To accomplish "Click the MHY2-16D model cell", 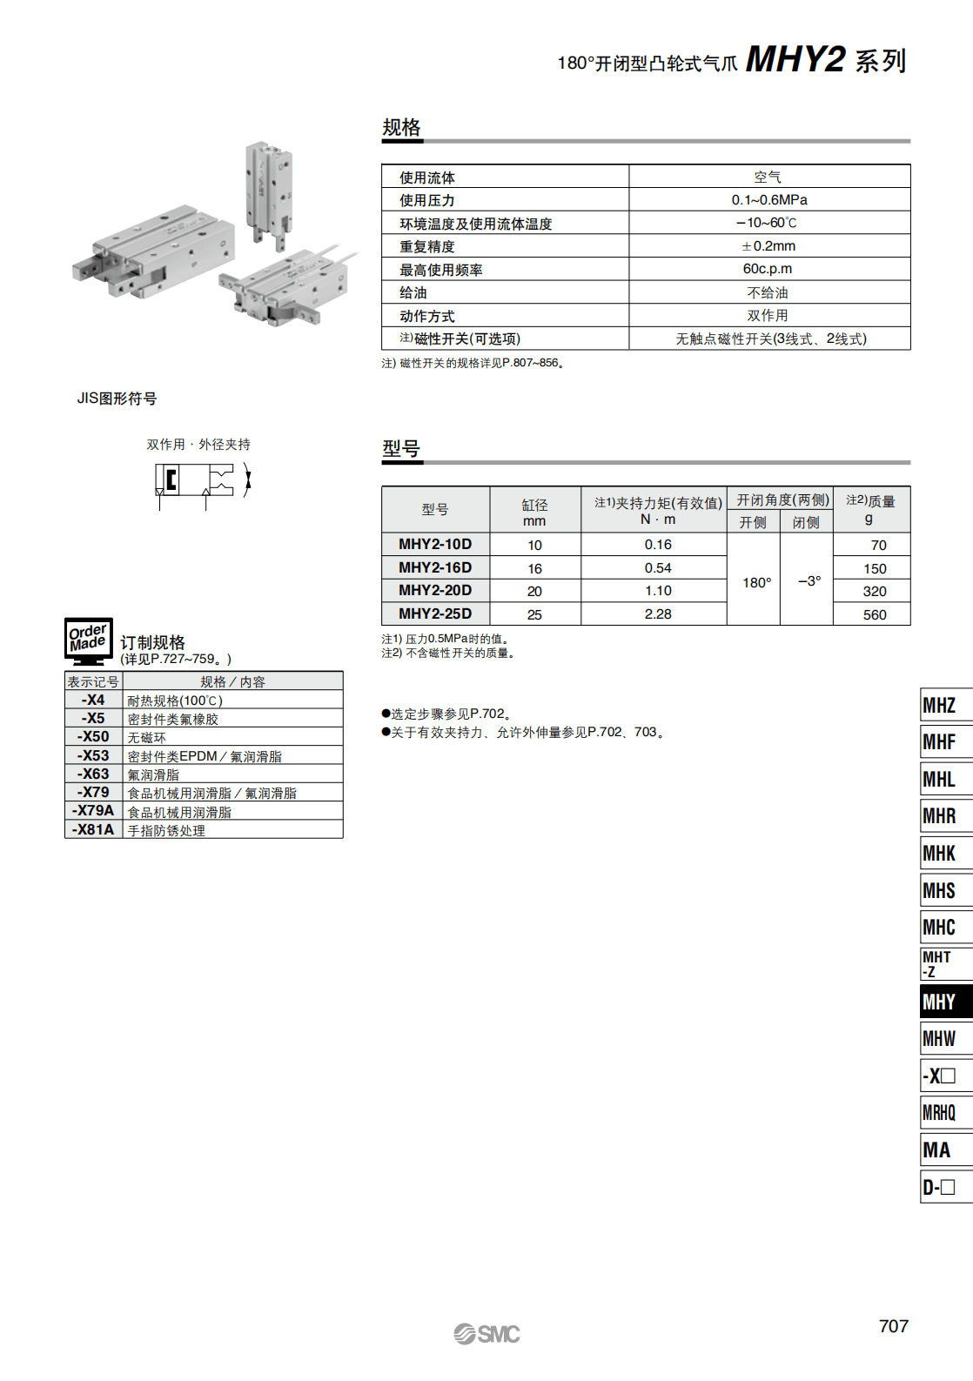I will [x=435, y=567].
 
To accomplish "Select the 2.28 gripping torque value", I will [x=658, y=613].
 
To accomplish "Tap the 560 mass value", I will [x=874, y=614].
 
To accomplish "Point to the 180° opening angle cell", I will [x=756, y=582].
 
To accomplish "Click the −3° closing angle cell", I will [x=809, y=580].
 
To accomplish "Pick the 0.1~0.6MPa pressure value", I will [x=769, y=200].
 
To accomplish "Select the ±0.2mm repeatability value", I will [x=769, y=246].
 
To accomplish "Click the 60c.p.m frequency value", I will [x=768, y=269].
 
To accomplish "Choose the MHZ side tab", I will [x=943, y=705].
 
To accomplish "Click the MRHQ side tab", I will [x=943, y=1112].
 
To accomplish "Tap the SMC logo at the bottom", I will [x=486, y=1333].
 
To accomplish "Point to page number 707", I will [x=893, y=1326].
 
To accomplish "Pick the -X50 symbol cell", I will [x=93, y=737].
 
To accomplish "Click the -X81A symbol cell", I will [x=93, y=829].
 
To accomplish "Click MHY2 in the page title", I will [x=795, y=60].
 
